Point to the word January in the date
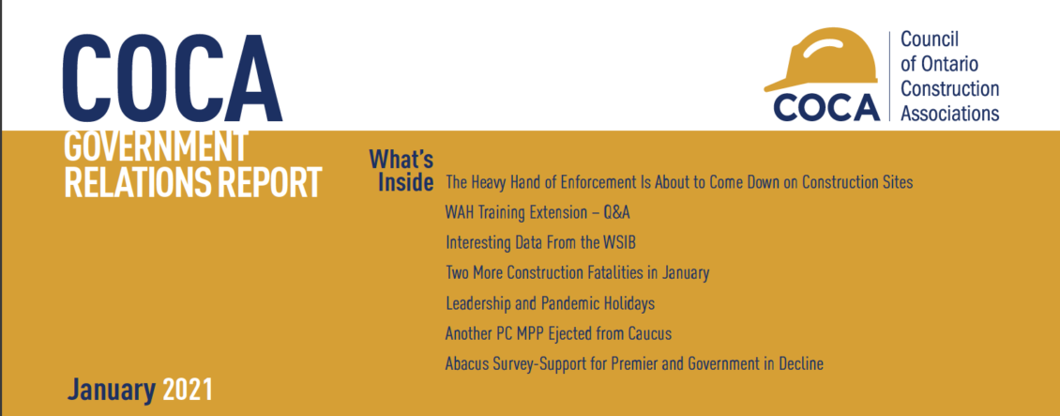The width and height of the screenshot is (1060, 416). (x=112, y=390)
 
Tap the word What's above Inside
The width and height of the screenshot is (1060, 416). (x=401, y=160)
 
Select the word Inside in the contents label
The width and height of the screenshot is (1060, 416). (x=405, y=182)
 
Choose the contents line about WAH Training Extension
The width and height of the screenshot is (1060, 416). (x=538, y=213)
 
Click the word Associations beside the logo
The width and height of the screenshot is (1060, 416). (x=950, y=113)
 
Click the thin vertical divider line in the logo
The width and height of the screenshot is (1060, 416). (x=890, y=76)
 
